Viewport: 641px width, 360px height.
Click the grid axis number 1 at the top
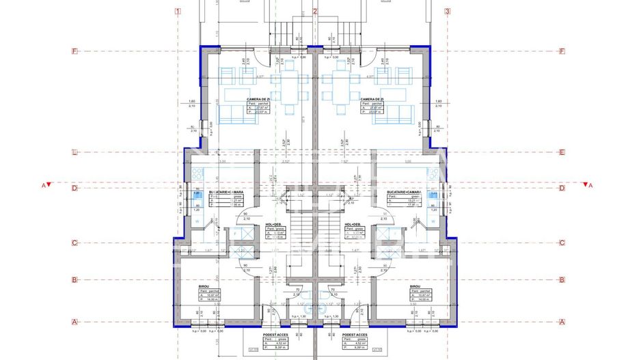tap(177, 11)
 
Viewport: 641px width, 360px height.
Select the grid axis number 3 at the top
tap(448, 11)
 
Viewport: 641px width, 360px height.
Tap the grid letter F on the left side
tap(75, 51)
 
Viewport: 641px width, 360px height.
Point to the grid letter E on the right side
tap(562, 153)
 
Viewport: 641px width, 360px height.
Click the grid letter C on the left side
tap(75, 243)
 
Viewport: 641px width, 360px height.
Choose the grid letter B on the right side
tap(562, 279)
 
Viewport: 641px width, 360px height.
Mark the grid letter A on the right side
tap(562, 322)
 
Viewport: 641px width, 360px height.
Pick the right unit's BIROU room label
tap(415, 287)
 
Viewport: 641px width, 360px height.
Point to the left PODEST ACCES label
tap(275, 335)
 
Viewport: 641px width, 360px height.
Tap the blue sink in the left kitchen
tap(196, 195)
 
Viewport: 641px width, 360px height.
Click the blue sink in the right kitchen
tap(433, 195)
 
